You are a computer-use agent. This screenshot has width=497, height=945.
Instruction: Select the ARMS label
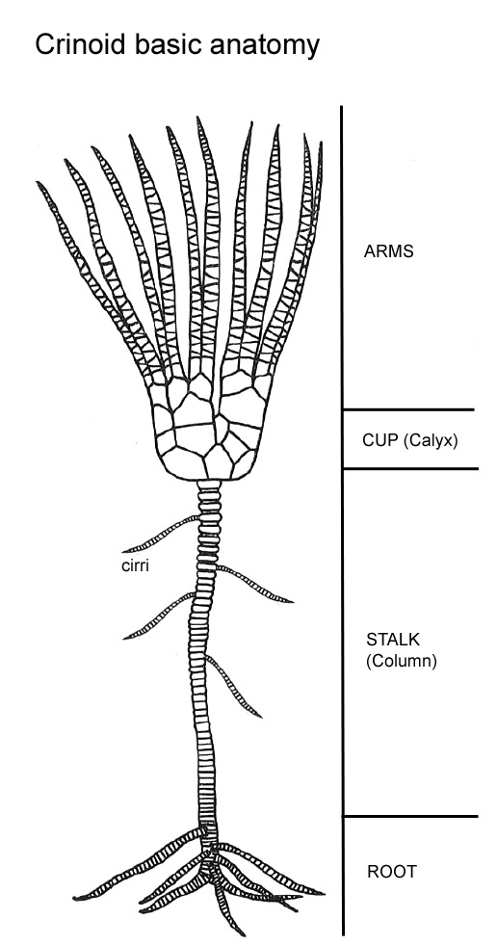click(x=388, y=252)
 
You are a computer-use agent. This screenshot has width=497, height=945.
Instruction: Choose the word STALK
click(x=392, y=639)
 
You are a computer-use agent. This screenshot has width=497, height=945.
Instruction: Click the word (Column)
click(x=402, y=661)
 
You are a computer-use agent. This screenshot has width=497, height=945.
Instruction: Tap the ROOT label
click(x=392, y=872)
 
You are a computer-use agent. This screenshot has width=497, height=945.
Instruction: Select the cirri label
click(x=135, y=566)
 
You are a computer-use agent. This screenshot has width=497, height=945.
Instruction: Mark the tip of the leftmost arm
click(x=38, y=182)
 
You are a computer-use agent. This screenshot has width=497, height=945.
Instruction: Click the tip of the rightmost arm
click(x=321, y=144)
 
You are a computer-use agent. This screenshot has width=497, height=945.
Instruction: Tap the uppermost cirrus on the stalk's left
click(x=161, y=534)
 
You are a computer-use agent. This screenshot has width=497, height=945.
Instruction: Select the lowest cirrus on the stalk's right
click(x=234, y=687)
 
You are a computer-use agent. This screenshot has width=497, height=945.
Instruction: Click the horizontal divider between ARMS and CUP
click(x=408, y=409)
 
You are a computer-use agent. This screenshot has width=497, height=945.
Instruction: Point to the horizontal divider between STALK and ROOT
click(x=410, y=817)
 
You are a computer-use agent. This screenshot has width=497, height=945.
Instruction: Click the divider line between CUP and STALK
click(x=410, y=468)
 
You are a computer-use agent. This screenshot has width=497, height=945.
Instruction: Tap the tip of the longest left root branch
click(x=75, y=899)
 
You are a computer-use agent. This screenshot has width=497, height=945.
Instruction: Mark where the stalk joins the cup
click(x=209, y=482)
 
